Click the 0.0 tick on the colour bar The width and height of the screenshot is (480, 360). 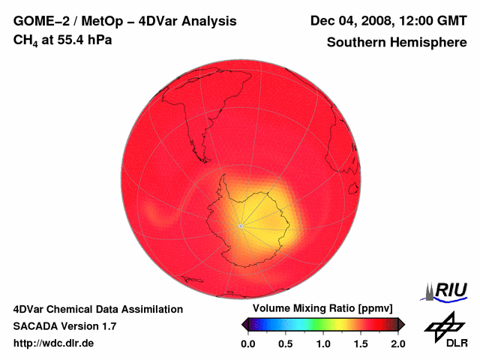pyautogui.click(x=247, y=343)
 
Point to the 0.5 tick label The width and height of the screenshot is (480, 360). pyautogui.click(x=285, y=343)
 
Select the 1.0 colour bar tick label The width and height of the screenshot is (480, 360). pyautogui.click(x=322, y=343)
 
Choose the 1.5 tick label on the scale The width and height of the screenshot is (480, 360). pyautogui.click(x=360, y=343)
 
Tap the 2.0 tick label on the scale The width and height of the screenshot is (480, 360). pyautogui.click(x=397, y=343)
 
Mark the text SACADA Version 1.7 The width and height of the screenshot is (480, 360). pyautogui.click(x=64, y=326)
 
